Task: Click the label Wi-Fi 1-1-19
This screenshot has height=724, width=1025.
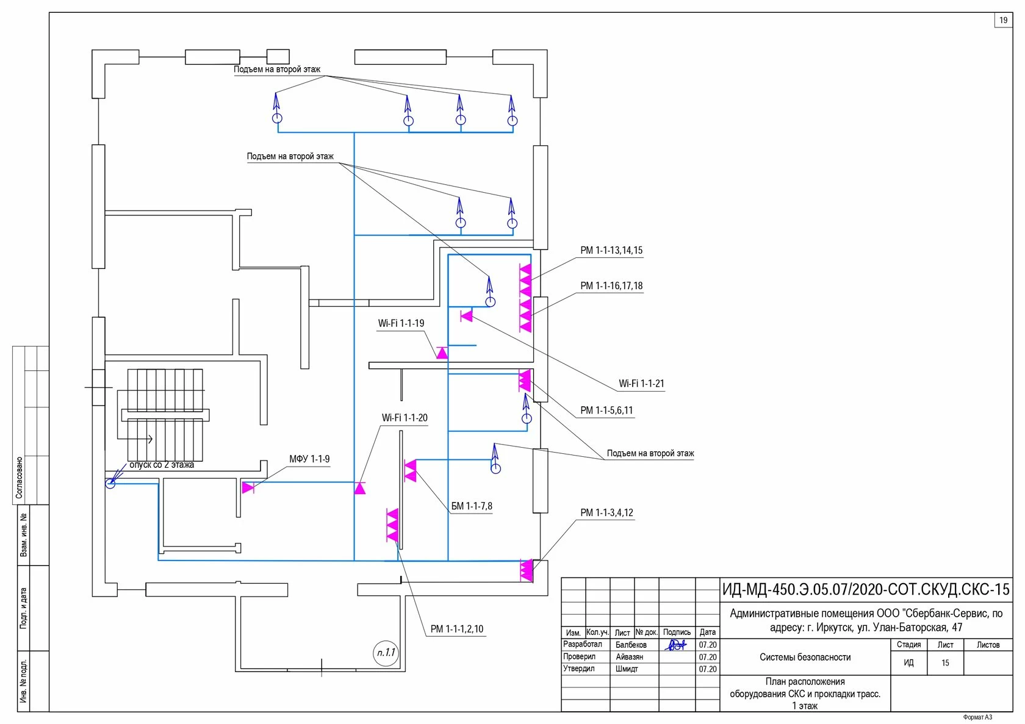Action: (x=401, y=323)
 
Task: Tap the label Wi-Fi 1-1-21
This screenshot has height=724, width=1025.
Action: (x=641, y=384)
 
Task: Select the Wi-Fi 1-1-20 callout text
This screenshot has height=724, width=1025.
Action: (x=405, y=418)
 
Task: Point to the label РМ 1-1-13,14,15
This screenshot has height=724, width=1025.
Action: (x=611, y=251)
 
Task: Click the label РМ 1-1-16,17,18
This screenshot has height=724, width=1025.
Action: (x=611, y=286)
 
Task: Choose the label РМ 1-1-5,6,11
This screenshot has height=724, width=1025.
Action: (x=606, y=410)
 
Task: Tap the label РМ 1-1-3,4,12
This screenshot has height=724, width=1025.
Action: (x=606, y=513)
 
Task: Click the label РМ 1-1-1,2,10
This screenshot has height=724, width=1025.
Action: (x=456, y=629)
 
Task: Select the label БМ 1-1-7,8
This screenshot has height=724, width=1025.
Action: (x=472, y=506)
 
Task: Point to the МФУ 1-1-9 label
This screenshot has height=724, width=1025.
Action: (x=309, y=459)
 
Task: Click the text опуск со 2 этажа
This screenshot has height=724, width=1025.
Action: (x=162, y=465)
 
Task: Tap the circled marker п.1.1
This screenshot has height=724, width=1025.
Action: (x=386, y=653)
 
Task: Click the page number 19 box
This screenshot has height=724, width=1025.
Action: (x=1003, y=20)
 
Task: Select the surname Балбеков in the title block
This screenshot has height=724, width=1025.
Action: (x=631, y=645)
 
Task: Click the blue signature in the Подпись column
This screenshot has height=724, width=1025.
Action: (x=675, y=645)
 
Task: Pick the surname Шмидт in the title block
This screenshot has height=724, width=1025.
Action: (x=627, y=669)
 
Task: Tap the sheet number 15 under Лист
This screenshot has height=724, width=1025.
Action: (x=945, y=663)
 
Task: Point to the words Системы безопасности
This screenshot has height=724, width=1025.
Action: (x=805, y=658)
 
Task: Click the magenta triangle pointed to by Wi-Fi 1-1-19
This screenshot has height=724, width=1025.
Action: (x=442, y=353)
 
